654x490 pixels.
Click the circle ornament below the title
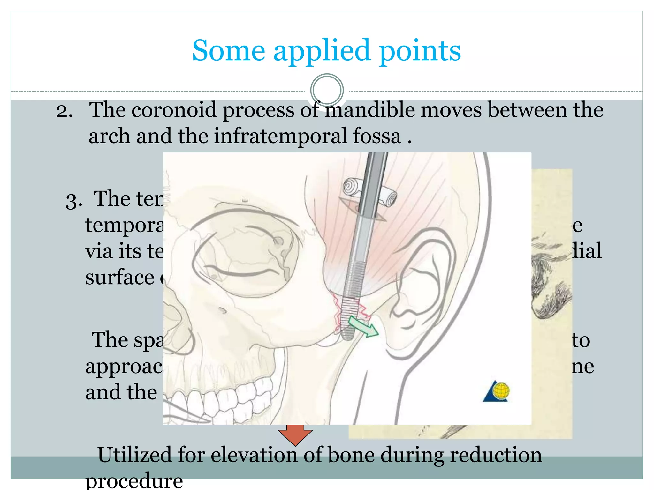[x=327, y=90]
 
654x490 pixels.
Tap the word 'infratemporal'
[x=280, y=136]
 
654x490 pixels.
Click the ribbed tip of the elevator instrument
[x=349, y=319]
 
